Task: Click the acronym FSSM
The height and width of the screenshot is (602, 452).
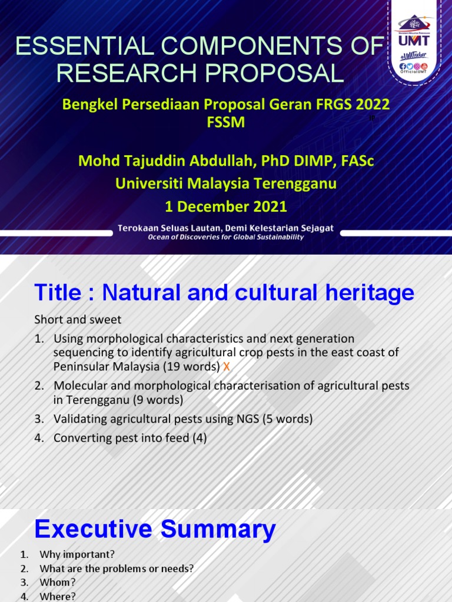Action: pyautogui.click(x=226, y=122)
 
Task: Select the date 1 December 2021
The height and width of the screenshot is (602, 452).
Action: pyautogui.click(x=226, y=206)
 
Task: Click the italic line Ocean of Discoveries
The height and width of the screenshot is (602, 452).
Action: pyautogui.click(x=226, y=237)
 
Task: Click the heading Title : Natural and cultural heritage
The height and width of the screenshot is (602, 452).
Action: pyautogui.click(x=224, y=293)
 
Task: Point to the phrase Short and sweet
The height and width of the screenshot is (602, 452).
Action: pyautogui.click(x=78, y=320)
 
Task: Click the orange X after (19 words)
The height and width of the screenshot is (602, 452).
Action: pyautogui.click(x=226, y=366)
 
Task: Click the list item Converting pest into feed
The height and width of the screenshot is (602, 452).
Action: pyautogui.click(x=129, y=438)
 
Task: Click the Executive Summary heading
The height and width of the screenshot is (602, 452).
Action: pyautogui.click(x=155, y=530)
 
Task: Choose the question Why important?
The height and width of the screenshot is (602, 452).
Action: pyautogui.click(x=77, y=554)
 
